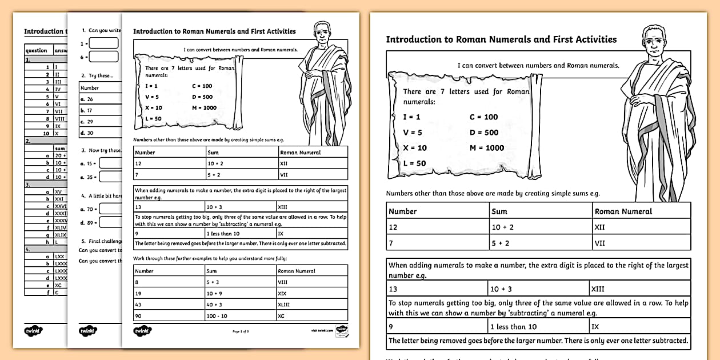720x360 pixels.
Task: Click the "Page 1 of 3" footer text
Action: click(241, 331)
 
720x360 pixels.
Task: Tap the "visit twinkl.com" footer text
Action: click(322, 330)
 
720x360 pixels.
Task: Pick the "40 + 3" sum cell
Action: click(214, 305)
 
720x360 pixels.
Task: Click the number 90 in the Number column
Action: click(138, 315)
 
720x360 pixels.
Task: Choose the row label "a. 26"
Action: click(87, 99)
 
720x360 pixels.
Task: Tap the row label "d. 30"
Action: click(87, 133)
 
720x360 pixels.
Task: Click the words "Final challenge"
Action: click(105, 241)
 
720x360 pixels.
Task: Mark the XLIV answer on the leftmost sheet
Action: click(61, 227)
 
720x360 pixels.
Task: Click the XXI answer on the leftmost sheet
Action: click(59, 198)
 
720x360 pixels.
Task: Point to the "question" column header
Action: click(37, 50)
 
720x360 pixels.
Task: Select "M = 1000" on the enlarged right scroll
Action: click(487, 148)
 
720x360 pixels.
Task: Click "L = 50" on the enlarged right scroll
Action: click(414, 163)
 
